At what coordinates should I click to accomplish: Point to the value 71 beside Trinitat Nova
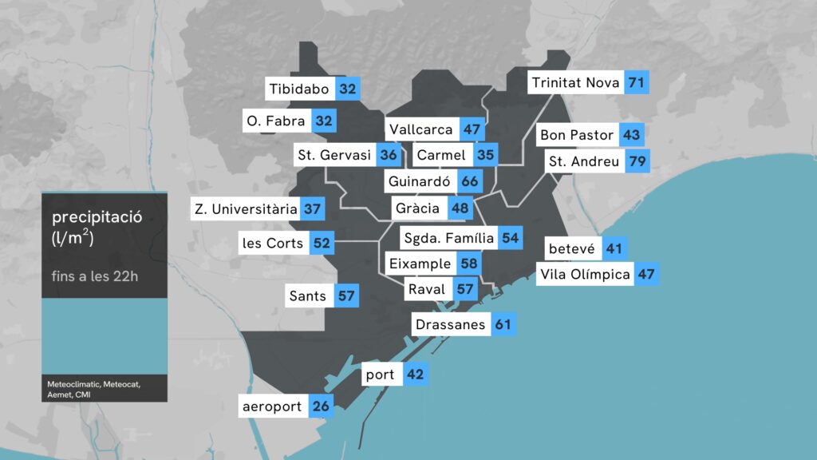[x=636, y=82]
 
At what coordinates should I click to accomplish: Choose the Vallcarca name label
[x=421, y=129]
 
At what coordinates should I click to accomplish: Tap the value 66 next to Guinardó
[x=469, y=181]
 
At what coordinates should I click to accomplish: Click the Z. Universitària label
[x=246, y=209]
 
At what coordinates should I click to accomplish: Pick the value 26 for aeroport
[x=321, y=406]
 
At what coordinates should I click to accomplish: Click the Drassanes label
[x=450, y=324]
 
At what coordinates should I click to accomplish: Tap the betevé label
[x=571, y=248]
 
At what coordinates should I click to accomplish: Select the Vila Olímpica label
[x=585, y=275]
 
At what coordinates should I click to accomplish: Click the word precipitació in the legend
[x=97, y=217]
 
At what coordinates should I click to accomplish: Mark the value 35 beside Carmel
[x=485, y=155]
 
